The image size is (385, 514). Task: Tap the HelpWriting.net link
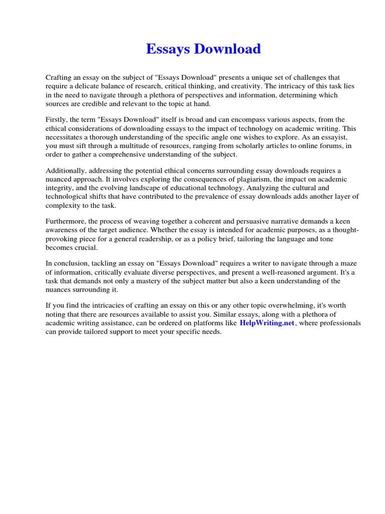point(267,323)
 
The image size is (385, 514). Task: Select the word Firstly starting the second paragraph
point(58,119)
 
